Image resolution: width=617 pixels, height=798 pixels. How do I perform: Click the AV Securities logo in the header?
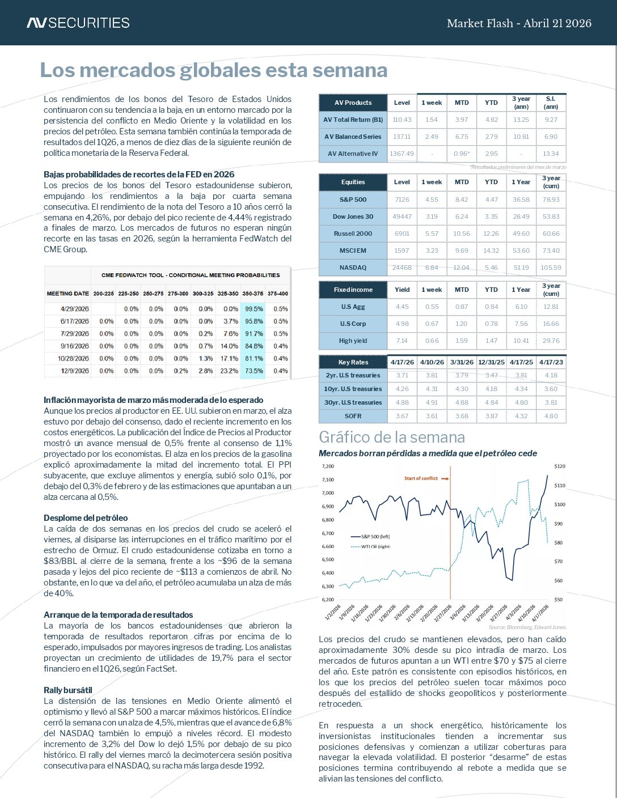click(78, 23)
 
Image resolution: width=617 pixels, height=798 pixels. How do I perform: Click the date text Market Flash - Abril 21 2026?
click(519, 23)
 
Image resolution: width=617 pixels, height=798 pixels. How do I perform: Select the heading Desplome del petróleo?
click(86, 518)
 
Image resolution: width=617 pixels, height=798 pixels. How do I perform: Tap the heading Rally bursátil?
click(67, 690)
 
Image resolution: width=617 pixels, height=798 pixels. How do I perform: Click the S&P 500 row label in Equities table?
click(353, 199)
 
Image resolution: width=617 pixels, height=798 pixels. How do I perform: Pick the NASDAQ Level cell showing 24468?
click(402, 268)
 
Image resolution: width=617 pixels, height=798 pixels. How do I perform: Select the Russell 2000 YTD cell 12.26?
click(491, 234)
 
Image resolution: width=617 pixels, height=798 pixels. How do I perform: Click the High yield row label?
click(353, 341)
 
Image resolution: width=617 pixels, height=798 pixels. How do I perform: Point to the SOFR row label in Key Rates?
click(353, 416)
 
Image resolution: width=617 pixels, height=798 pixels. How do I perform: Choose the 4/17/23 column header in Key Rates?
click(551, 362)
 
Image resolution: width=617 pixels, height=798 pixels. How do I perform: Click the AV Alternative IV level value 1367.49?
click(402, 154)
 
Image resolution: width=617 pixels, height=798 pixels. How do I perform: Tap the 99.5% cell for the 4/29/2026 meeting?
click(252, 309)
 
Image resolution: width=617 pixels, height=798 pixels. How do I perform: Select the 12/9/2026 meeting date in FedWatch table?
click(74, 371)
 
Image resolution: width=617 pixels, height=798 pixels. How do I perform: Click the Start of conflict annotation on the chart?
click(421, 478)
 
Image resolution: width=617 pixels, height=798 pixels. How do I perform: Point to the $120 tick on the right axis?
click(560, 466)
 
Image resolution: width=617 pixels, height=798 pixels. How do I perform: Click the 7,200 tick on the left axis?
click(328, 466)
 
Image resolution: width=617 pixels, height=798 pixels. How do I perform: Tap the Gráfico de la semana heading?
click(392, 437)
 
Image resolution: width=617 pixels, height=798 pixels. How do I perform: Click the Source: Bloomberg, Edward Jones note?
click(527, 627)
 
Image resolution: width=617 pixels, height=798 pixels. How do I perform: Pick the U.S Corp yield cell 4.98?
click(402, 324)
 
